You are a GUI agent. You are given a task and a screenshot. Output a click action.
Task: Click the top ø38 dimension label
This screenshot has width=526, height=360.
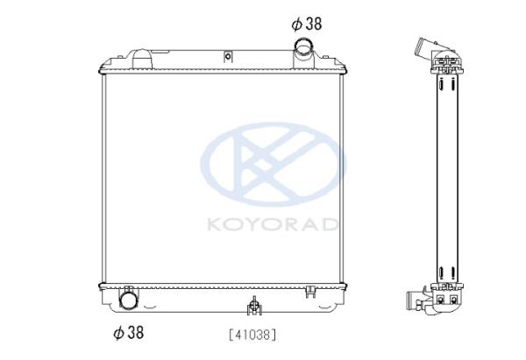(x=307, y=24)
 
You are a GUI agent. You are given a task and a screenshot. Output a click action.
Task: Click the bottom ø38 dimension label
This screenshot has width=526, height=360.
(x=129, y=332)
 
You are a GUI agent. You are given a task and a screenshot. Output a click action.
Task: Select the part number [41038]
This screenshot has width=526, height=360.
(x=253, y=335)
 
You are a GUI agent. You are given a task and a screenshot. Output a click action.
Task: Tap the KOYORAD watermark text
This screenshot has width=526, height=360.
(x=273, y=224)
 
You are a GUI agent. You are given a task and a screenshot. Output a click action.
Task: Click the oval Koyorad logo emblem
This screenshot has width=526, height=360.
(x=274, y=165)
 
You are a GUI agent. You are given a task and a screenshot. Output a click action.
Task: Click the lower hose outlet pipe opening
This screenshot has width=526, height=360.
(x=129, y=300)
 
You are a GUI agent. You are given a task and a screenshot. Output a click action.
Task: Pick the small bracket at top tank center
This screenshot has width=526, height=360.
(x=228, y=56)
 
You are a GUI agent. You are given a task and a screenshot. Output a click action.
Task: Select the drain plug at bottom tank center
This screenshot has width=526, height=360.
(x=254, y=306)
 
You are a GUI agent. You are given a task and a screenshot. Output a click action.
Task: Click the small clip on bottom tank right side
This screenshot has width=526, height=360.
(x=311, y=292)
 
